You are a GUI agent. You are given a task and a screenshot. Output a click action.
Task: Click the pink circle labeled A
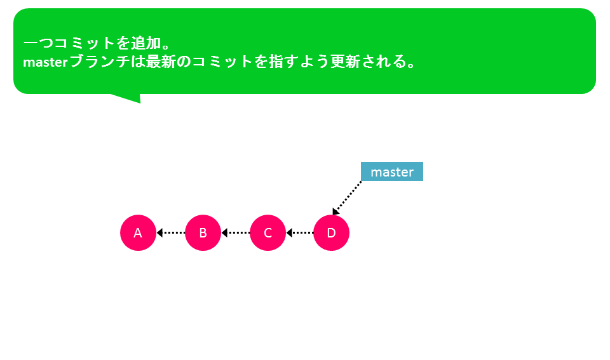click(138, 232)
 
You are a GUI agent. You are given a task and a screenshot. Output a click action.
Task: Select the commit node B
click(203, 232)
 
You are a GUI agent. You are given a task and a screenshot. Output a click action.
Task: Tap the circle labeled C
click(268, 232)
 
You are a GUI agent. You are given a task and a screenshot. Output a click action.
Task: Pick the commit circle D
click(332, 232)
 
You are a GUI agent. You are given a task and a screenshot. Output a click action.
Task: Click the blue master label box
click(392, 171)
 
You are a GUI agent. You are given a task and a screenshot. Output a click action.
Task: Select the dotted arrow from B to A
click(171, 232)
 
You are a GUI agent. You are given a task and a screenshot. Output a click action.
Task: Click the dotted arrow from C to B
click(236, 232)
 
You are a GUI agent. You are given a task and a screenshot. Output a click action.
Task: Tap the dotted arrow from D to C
click(300, 232)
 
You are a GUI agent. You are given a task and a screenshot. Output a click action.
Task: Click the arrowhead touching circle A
click(159, 232)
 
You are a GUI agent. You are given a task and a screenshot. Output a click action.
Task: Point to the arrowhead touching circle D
click(335, 211)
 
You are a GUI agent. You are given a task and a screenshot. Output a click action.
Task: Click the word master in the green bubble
click(46, 62)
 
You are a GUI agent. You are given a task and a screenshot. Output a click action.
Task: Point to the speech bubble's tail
click(128, 98)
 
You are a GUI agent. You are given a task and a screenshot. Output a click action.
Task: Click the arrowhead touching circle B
click(224, 232)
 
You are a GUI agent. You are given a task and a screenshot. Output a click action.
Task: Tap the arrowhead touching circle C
click(288, 232)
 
